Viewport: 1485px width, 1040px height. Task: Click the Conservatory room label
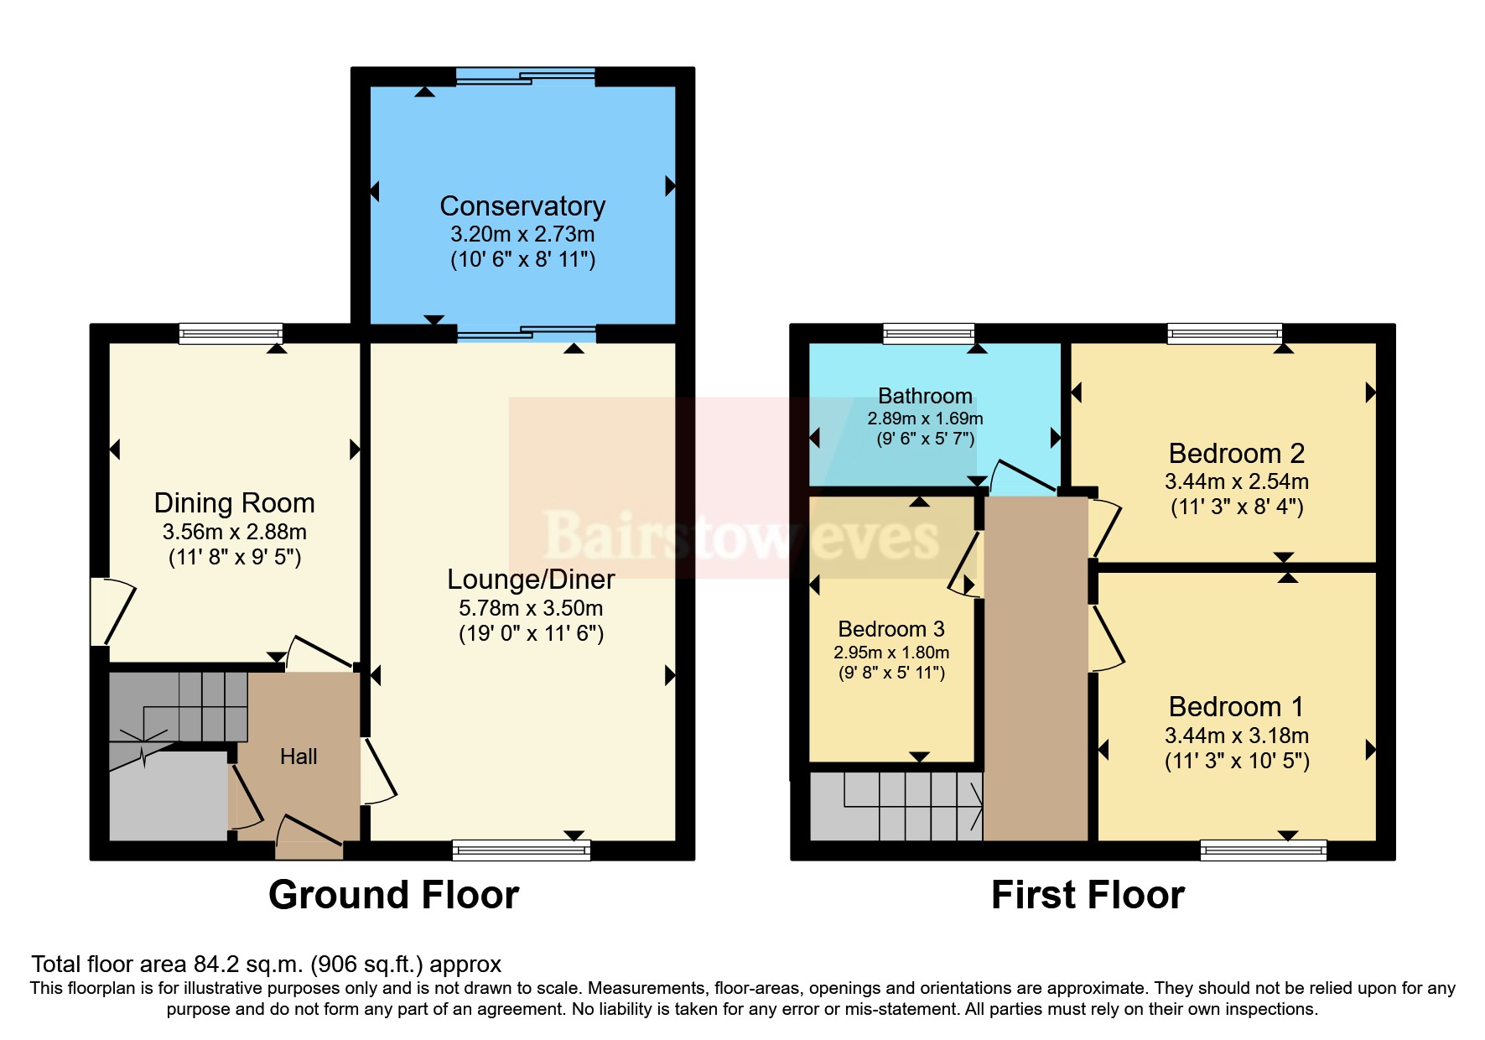pyautogui.click(x=522, y=206)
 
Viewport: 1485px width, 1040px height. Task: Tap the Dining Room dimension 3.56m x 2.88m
pyautogui.click(x=235, y=532)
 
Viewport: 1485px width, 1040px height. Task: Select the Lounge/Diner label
pyautogui.click(x=531, y=580)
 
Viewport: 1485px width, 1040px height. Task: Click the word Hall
pyautogui.click(x=299, y=757)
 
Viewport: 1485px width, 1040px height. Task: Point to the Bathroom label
pyautogui.click(x=925, y=396)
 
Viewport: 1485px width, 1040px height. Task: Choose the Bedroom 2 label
pyautogui.click(x=1237, y=454)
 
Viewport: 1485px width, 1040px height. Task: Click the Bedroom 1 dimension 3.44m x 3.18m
pyautogui.click(x=1237, y=736)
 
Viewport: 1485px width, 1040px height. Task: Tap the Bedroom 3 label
pyautogui.click(x=891, y=629)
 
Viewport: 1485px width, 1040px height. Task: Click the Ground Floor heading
pyautogui.click(x=393, y=895)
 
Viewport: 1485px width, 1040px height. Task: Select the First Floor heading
pyautogui.click(x=1088, y=895)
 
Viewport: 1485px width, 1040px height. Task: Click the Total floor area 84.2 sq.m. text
pyautogui.click(x=267, y=965)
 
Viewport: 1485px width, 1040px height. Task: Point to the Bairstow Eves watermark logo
pyautogui.click(x=741, y=535)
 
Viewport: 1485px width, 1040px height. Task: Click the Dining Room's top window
pyautogui.click(x=231, y=334)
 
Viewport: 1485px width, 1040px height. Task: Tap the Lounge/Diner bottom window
pyautogui.click(x=522, y=850)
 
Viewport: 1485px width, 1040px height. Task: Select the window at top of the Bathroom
pyautogui.click(x=928, y=334)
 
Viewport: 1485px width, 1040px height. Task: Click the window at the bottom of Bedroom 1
pyautogui.click(x=1263, y=850)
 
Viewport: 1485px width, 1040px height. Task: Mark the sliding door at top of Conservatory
pyautogui.click(x=526, y=77)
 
